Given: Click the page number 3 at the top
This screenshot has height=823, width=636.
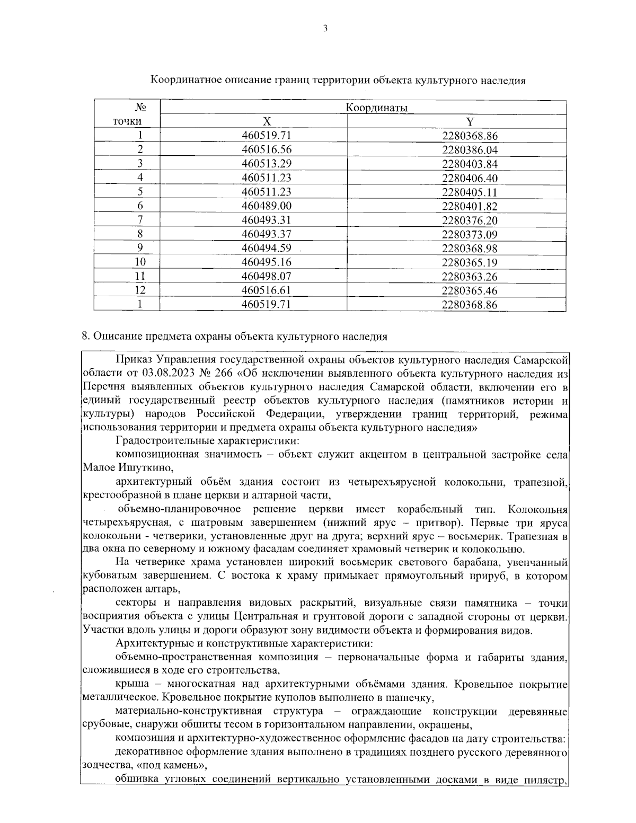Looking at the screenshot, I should [x=324, y=29].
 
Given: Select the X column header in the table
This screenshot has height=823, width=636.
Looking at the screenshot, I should [x=267, y=122].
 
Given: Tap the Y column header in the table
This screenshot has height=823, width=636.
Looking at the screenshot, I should [x=470, y=122].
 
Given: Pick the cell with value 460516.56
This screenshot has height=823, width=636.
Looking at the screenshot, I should [x=267, y=149].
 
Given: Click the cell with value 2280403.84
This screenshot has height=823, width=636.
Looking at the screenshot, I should [x=470, y=164].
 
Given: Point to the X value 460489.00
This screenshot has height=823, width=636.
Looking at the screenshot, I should [x=267, y=206].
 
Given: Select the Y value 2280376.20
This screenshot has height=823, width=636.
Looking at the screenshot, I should [x=470, y=220].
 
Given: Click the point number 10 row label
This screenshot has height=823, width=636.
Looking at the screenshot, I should [x=140, y=262].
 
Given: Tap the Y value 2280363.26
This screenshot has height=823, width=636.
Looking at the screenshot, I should [x=470, y=276].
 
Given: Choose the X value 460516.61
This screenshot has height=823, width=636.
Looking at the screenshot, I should [x=267, y=290].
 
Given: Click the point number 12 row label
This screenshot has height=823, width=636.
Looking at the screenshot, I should [x=140, y=290].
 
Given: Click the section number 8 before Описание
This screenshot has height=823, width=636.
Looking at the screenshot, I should [x=85, y=336].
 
